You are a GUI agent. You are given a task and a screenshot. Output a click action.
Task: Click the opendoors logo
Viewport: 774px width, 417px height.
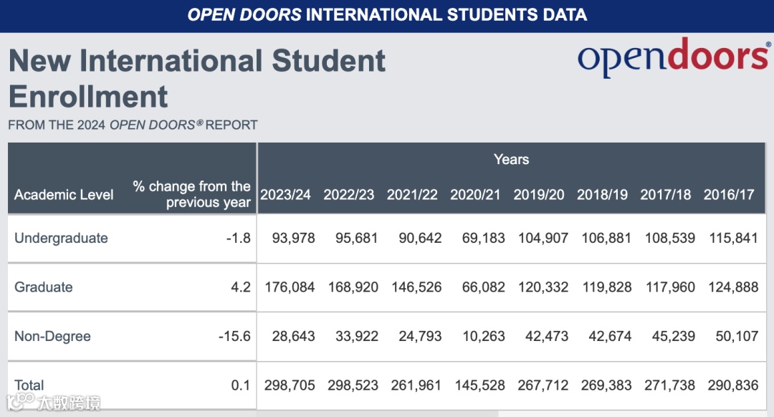click(674, 58)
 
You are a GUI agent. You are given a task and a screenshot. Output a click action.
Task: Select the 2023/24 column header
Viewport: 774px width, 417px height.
click(285, 195)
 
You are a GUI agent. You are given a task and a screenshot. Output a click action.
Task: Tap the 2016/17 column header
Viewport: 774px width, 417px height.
click(729, 195)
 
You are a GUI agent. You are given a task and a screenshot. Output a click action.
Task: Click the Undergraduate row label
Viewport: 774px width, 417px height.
click(61, 238)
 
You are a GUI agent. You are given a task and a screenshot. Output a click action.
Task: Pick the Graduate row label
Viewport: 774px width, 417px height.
click(44, 287)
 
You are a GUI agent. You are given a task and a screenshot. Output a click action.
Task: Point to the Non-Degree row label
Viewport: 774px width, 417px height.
click(52, 336)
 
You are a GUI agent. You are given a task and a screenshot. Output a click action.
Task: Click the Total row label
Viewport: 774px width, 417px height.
click(29, 385)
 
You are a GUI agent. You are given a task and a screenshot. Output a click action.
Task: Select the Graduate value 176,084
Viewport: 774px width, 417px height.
click(290, 287)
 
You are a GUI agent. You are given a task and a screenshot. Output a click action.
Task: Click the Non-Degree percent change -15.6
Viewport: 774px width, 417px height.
click(234, 336)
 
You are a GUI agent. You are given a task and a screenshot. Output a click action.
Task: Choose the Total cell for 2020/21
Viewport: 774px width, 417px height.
click(480, 385)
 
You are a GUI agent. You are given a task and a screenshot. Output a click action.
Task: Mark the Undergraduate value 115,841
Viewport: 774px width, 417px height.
click(733, 238)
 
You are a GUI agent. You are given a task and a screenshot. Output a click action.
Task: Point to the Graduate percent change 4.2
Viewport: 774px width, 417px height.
click(241, 287)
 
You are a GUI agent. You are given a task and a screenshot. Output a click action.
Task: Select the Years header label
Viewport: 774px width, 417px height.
click(511, 159)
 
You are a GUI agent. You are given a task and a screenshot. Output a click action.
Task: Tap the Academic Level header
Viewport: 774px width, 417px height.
click(64, 195)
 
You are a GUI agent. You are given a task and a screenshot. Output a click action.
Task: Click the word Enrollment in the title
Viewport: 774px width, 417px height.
click(88, 96)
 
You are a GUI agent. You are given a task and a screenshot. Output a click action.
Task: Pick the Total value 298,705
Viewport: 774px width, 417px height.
click(290, 385)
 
